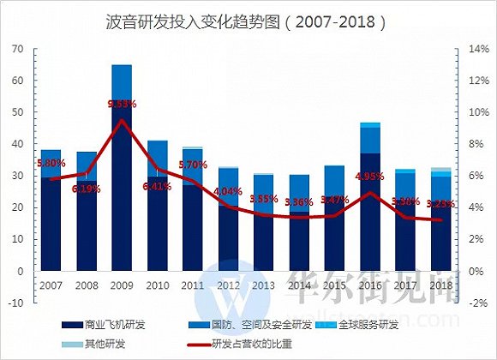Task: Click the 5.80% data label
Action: tap(51, 162)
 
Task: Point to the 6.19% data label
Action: tap(87, 188)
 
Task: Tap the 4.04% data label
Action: tap(229, 191)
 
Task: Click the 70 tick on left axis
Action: tap(16, 50)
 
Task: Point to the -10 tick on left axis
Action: tap(15, 303)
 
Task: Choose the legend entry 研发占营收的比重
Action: tap(246, 343)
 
